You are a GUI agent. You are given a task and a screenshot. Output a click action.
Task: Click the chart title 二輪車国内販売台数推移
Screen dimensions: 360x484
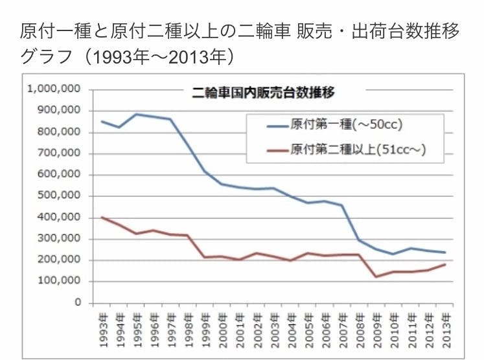(x=264, y=92)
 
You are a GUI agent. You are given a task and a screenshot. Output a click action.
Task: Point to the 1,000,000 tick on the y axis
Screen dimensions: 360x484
(x=54, y=89)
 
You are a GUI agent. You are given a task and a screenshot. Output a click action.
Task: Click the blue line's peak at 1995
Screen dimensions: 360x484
(x=135, y=114)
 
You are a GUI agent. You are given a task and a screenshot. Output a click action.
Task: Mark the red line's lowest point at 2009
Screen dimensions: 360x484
(x=375, y=277)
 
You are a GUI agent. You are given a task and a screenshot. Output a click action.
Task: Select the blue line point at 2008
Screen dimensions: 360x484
(x=358, y=240)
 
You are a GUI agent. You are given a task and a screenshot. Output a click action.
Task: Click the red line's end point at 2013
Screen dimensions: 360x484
(x=445, y=264)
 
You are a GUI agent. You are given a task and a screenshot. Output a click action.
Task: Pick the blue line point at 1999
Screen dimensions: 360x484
(x=205, y=172)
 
